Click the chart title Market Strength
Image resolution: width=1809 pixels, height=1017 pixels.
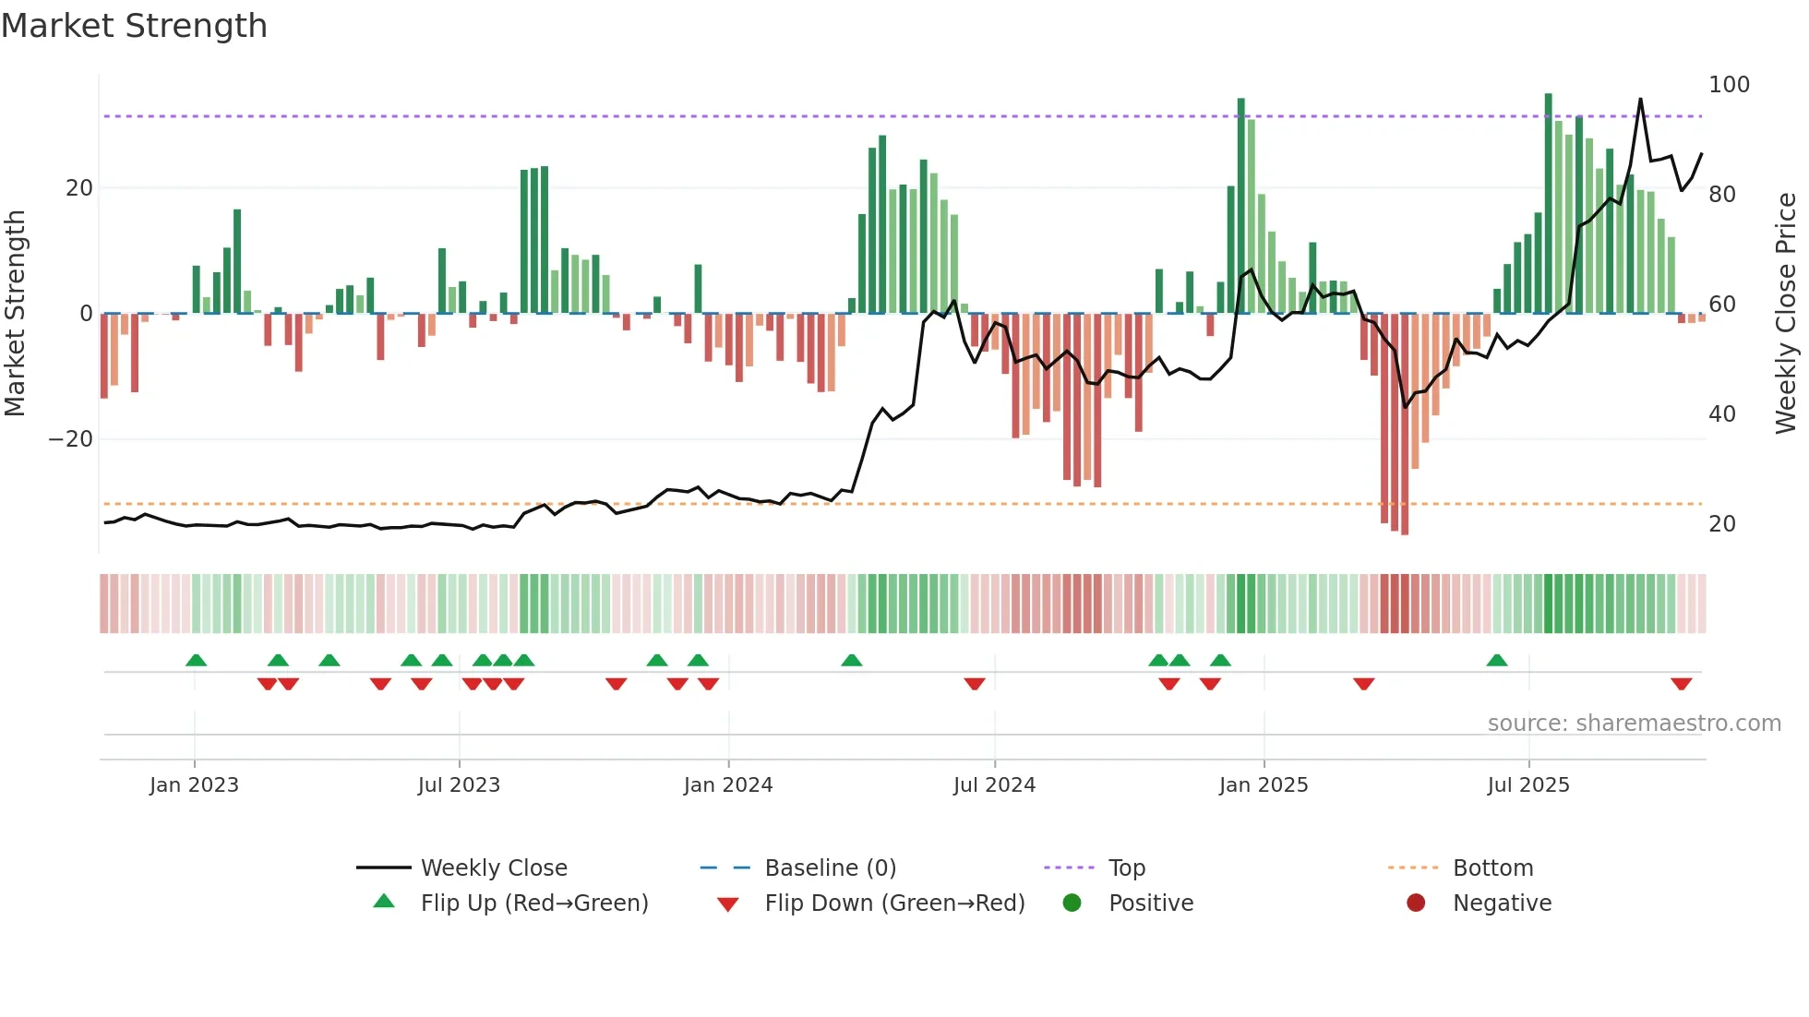134,26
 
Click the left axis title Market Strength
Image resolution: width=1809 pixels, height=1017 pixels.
16,313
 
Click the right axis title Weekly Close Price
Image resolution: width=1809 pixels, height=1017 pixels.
1786,313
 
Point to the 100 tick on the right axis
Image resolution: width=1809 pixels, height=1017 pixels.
1729,85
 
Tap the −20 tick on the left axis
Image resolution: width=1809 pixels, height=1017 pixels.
71,439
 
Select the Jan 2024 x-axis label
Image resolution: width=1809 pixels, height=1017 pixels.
728,785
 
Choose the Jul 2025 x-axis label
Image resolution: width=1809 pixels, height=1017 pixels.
1528,785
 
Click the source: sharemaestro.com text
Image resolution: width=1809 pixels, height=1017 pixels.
1634,724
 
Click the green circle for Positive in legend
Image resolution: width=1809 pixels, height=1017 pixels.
1072,903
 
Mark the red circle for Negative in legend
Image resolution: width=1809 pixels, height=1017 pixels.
1416,903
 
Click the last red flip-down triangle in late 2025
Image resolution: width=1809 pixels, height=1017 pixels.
1681,684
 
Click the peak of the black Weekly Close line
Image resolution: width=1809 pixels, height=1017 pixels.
1640,99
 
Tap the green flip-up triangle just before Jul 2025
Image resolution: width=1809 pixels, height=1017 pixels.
1497,660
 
